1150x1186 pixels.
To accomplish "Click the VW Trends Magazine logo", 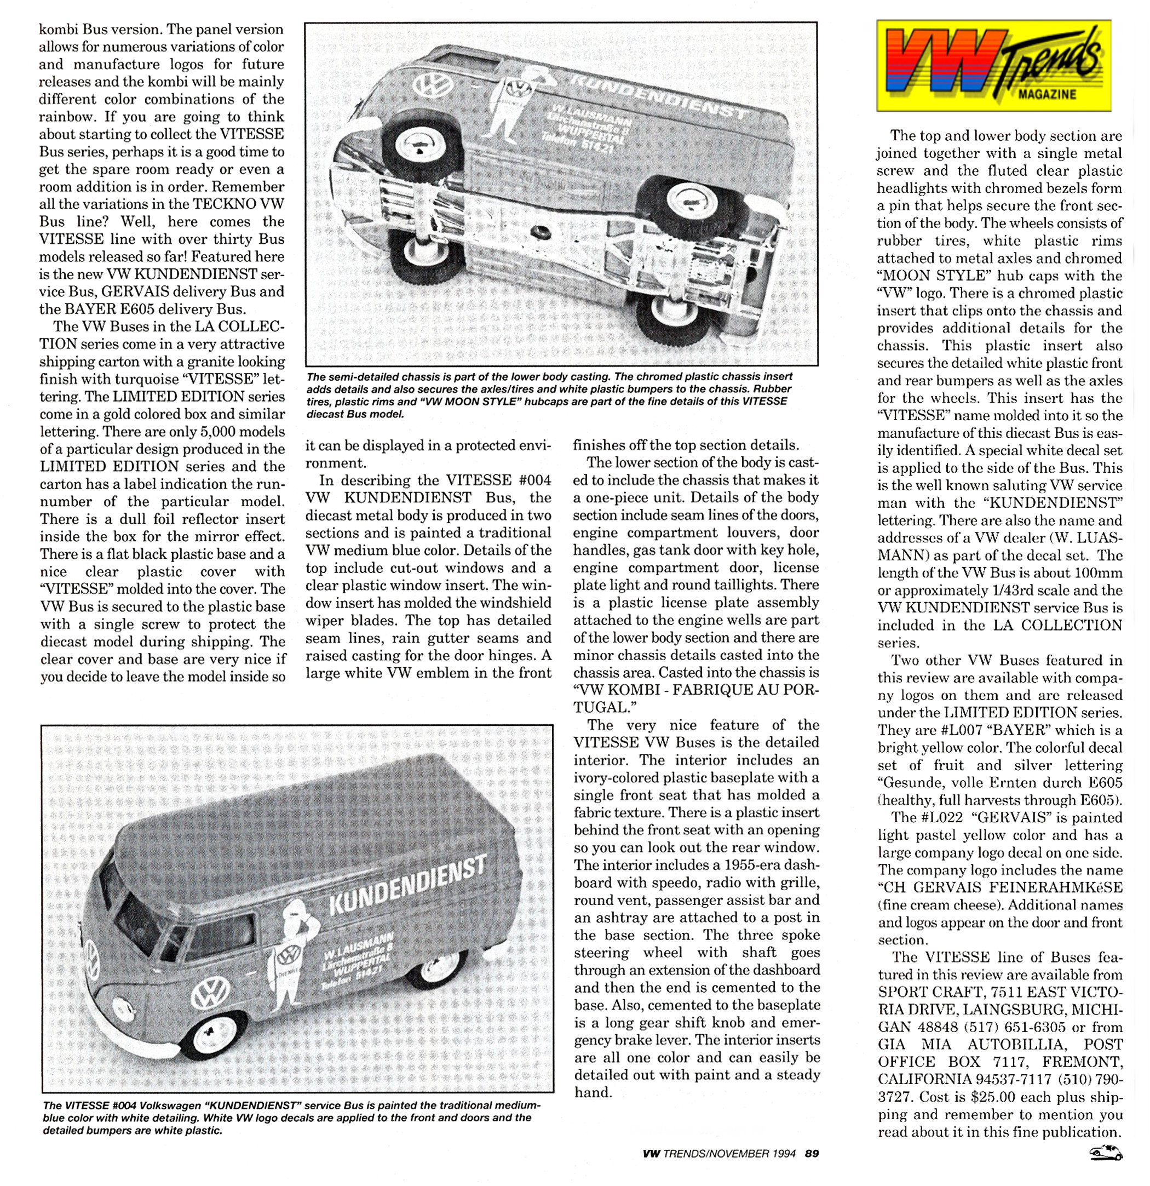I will (993, 65).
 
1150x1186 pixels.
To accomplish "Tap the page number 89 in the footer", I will (812, 1153).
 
